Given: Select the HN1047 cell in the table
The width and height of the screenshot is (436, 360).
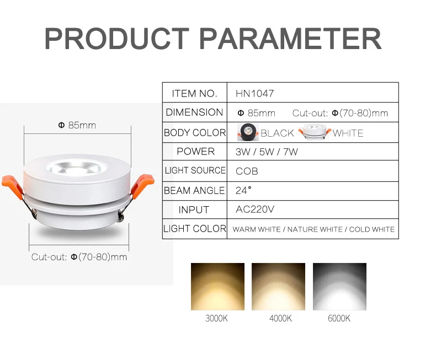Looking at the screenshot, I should (254, 94).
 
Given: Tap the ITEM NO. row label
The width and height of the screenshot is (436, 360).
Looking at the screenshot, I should (195, 94).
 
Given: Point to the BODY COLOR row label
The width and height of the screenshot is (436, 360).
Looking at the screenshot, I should (195, 133).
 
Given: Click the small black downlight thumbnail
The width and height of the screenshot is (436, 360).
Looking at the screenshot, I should (248, 132).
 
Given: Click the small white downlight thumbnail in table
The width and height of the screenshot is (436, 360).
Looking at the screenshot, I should (314, 133).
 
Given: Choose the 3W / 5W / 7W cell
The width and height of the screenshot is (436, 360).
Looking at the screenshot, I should (267, 152).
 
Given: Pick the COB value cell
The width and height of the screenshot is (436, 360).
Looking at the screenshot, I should (247, 171).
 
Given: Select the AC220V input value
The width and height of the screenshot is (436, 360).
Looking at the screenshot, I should (255, 210).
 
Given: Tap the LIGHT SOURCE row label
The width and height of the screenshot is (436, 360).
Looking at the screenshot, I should (195, 171).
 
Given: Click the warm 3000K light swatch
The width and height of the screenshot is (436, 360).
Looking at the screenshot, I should (217, 287).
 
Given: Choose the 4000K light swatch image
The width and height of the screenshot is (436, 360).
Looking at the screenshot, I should (278, 287).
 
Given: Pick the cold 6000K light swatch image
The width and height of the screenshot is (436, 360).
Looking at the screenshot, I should (339, 287).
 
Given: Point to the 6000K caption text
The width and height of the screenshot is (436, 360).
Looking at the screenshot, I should (339, 319).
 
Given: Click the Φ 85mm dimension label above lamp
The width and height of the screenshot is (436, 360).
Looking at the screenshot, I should (77, 126).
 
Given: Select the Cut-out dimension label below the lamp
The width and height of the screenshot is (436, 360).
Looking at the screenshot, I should (79, 257).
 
